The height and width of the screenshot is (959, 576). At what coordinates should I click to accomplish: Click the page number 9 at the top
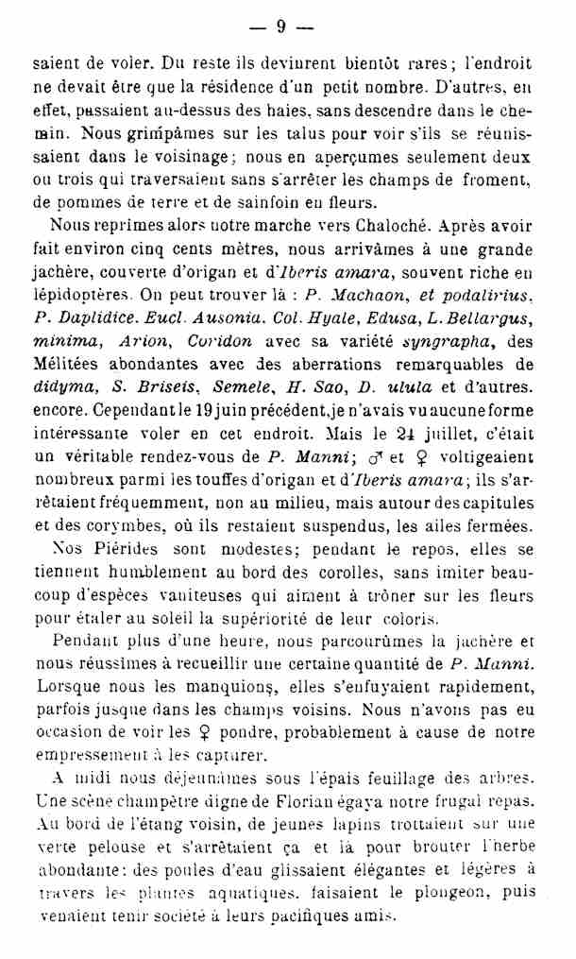pyautogui.click(x=280, y=26)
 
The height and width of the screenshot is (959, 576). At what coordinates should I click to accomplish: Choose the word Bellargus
pyautogui.click(x=488, y=318)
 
